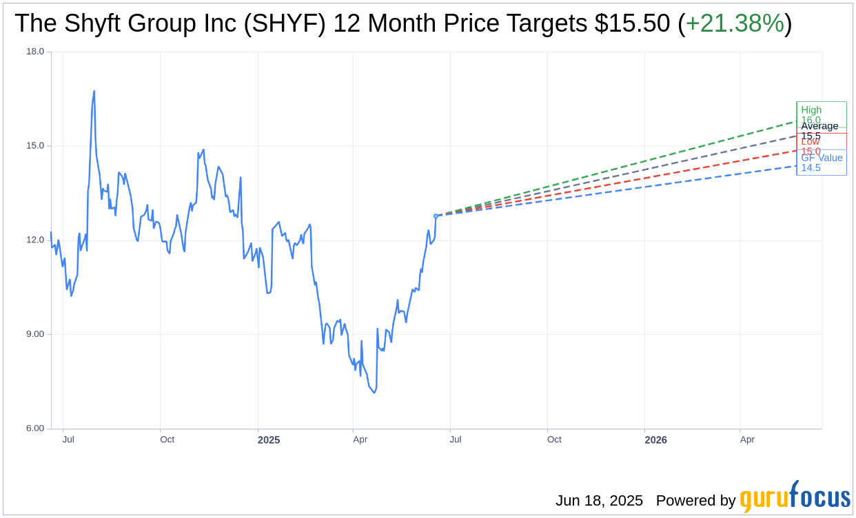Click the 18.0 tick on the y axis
(35, 52)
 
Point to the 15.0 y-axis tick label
(35, 146)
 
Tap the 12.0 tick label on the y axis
(35, 240)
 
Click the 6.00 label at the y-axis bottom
(35, 428)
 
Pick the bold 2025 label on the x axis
(269, 439)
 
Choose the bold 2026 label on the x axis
(655, 439)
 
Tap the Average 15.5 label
(819, 130)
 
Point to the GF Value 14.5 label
(821, 163)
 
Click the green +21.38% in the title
(735, 24)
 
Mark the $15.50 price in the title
(632, 24)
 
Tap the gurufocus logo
(795, 497)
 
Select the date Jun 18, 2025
(599, 501)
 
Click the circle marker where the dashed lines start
(436, 216)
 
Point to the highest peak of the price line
(94, 91)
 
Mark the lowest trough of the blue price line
(374, 393)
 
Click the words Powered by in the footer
(695, 501)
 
